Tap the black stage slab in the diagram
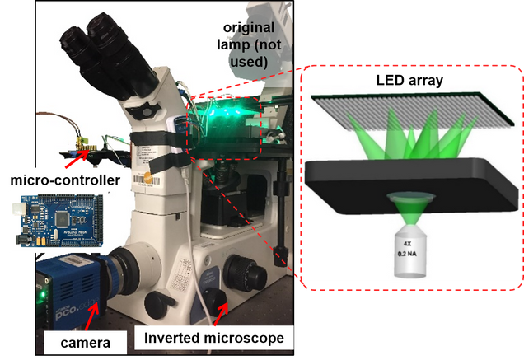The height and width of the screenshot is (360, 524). [412, 177]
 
